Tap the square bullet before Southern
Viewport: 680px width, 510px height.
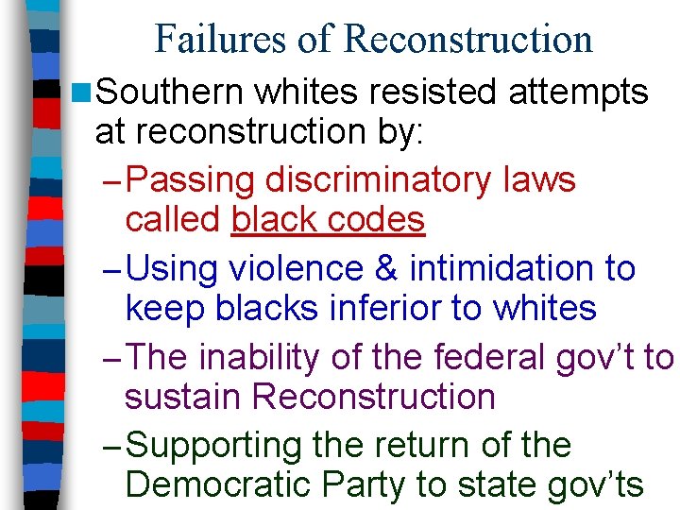point(81,93)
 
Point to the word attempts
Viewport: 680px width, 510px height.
point(577,92)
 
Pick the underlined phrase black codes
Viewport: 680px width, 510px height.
point(328,220)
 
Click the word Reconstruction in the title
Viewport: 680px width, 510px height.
point(467,39)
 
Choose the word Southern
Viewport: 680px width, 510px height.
point(170,92)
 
